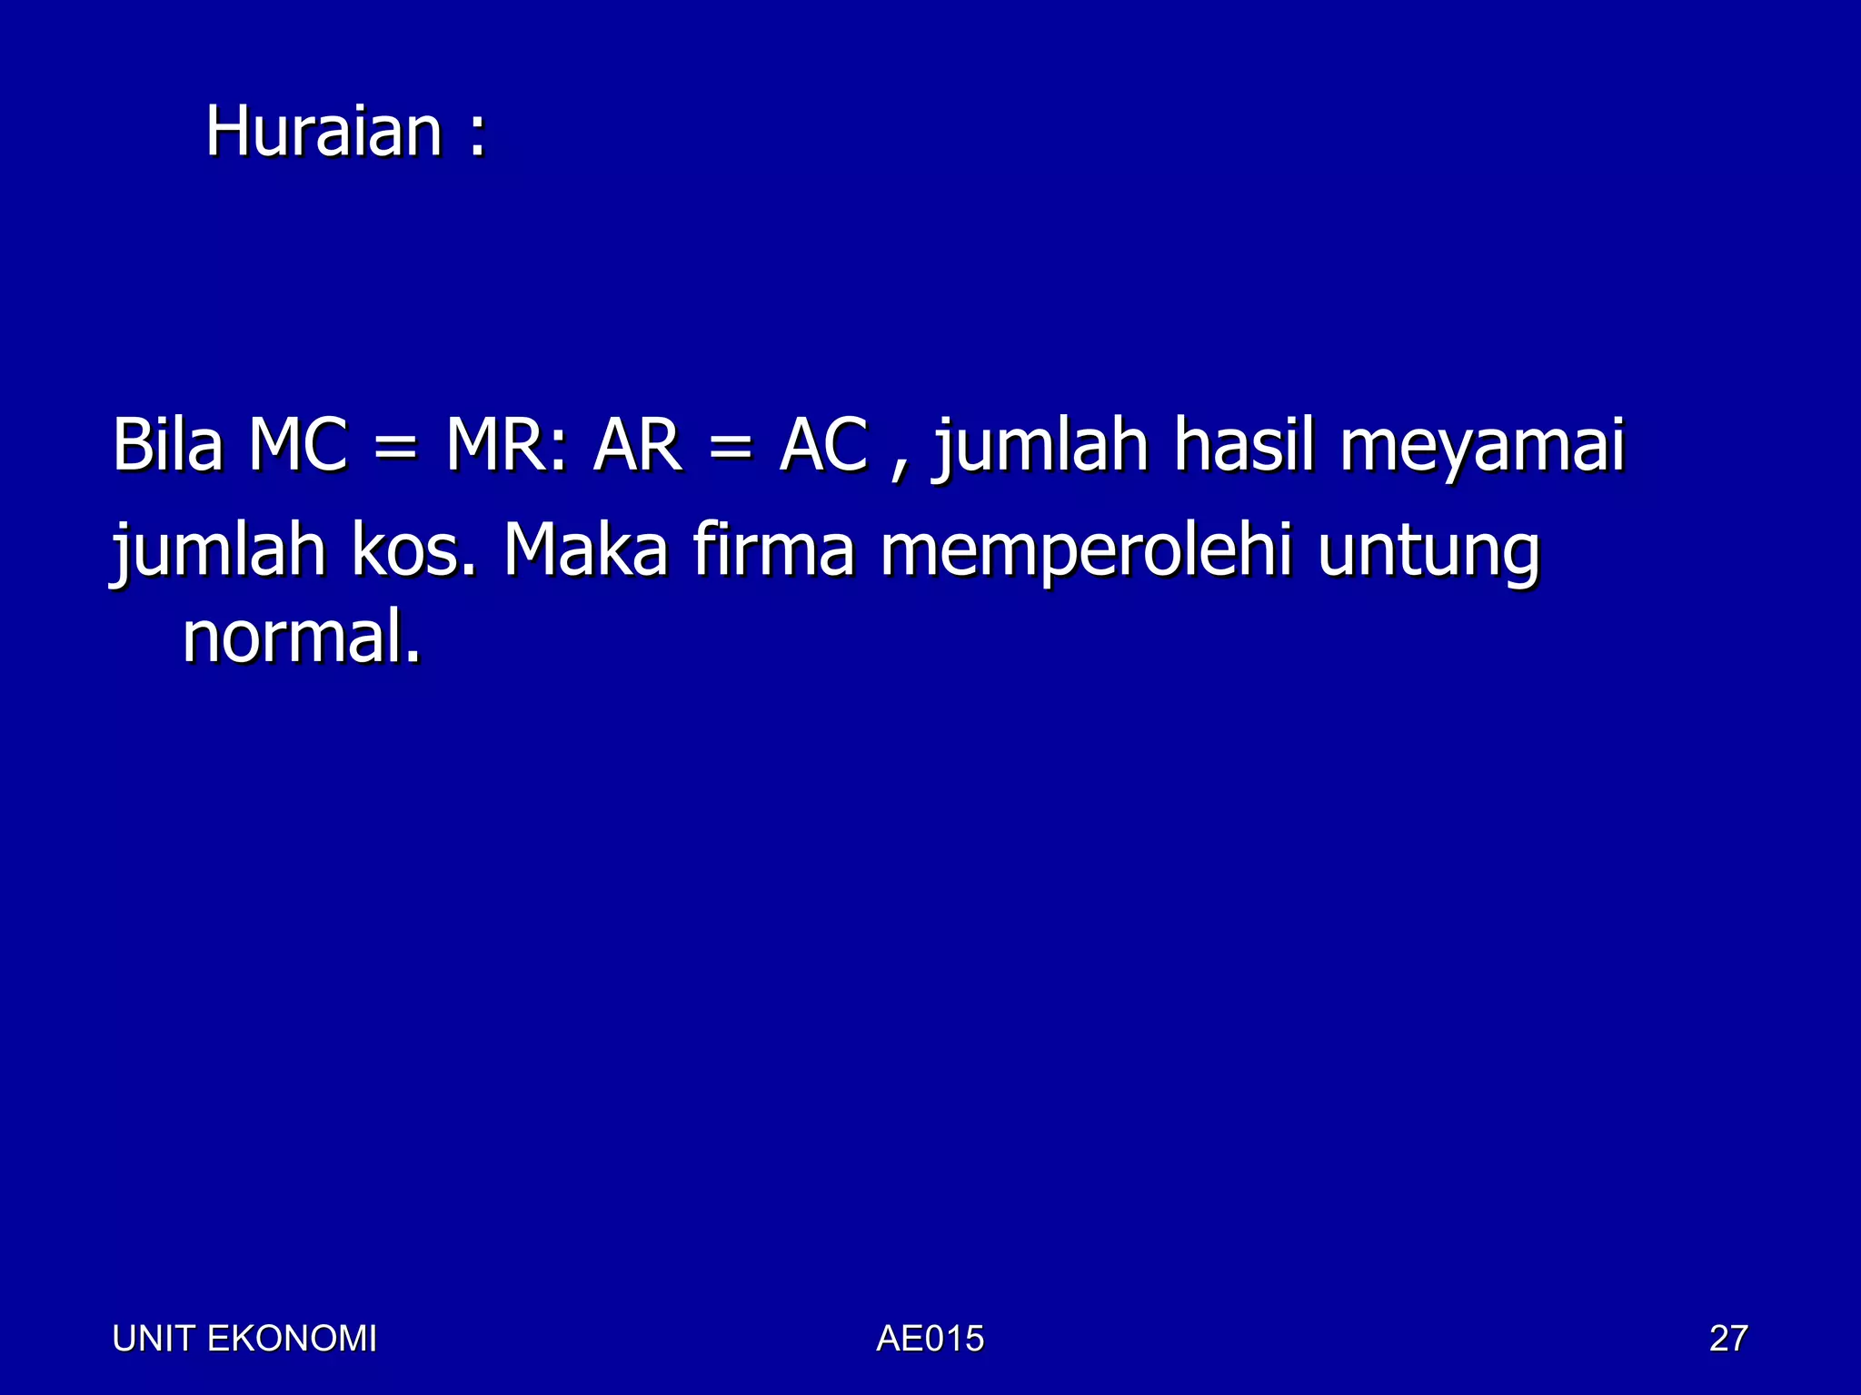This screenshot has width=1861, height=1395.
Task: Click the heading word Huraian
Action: tap(323, 132)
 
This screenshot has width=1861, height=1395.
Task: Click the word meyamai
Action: tap(1482, 447)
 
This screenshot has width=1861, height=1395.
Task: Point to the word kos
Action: tap(413, 550)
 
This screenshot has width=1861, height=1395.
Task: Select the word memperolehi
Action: tap(1086, 551)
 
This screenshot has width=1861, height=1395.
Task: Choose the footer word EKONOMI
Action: tap(292, 1339)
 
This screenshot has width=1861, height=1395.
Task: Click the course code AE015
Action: tap(930, 1339)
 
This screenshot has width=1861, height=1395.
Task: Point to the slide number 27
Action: tap(1727, 1339)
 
